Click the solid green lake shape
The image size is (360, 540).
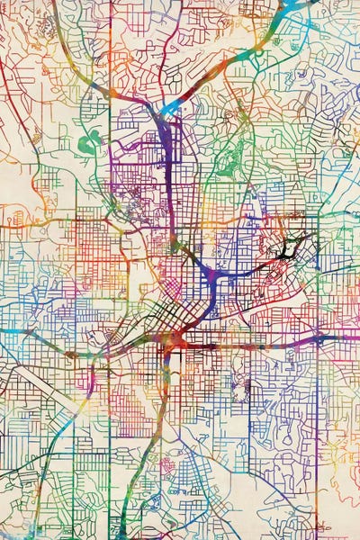[x=87, y=142]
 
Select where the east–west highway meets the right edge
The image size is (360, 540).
[x=356, y=338]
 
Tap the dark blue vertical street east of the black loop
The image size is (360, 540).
[x=318, y=270]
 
